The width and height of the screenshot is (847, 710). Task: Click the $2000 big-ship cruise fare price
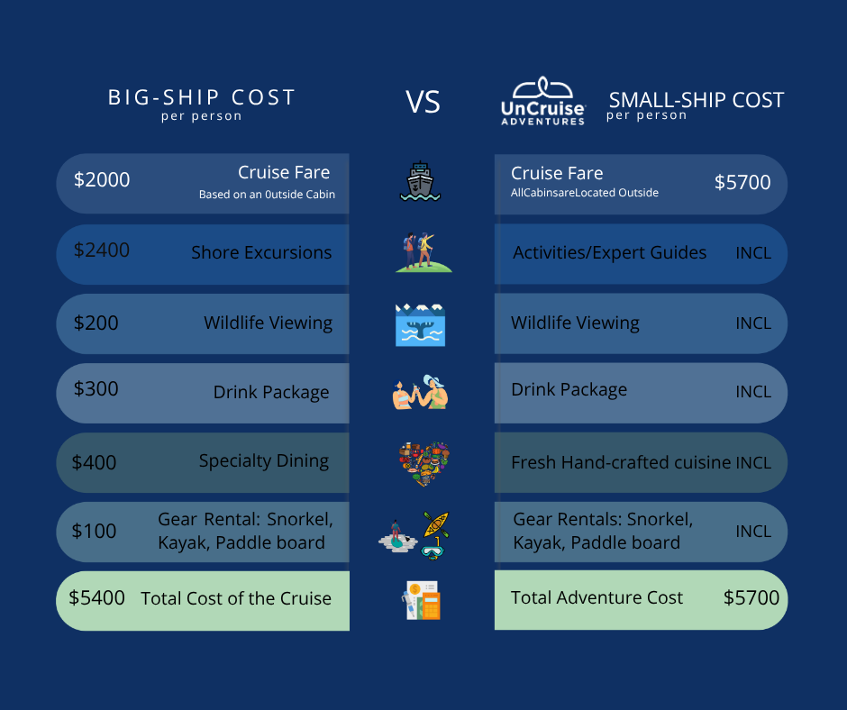(x=102, y=180)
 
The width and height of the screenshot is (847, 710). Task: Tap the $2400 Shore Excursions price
(x=102, y=250)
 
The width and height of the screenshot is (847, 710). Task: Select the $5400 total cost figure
(x=96, y=597)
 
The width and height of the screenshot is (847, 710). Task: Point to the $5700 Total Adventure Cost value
(x=751, y=597)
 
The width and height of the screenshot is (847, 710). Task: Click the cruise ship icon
(x=420, y=181)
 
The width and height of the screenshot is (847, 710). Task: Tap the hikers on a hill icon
(x=423, y=252)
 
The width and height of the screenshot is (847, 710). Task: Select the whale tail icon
(x=420, y=324)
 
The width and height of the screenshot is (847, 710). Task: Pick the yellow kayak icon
(x=436, y=524)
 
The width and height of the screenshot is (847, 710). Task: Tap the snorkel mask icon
(x=433, y=550)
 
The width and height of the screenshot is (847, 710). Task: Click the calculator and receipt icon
(x=422, y=600)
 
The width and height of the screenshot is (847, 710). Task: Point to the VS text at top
(x=423, y=102)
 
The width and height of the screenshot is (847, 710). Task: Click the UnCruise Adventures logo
(x=542, y=101)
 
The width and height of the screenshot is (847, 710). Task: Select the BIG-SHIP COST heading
(x=202, y=98)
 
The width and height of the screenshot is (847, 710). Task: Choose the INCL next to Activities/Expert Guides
(x=753, y=253)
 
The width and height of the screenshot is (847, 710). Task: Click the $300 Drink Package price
(x=96, y=389)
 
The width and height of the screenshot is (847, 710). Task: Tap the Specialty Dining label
(x=264, y=461)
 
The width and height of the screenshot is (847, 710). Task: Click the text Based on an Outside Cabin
(x=267, y=195)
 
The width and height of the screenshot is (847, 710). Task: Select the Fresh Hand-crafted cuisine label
(x=621, y=462)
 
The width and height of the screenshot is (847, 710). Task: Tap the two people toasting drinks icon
(x=420, y=392)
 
